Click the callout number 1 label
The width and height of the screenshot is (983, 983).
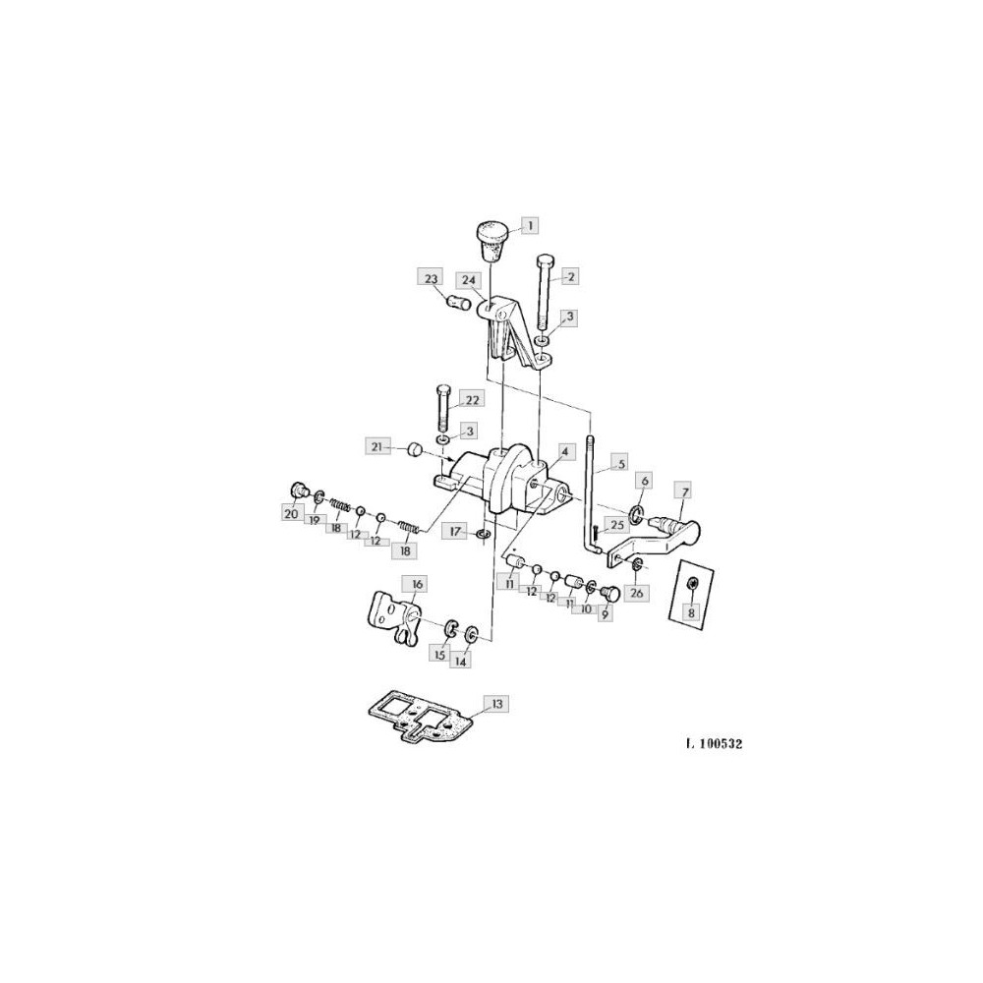530,225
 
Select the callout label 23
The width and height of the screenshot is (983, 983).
431,277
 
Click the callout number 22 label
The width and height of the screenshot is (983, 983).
473,399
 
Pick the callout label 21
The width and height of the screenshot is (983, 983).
376,446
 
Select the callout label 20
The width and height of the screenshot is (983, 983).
291,514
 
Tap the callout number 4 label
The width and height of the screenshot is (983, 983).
564,451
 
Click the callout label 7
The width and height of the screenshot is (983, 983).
683,491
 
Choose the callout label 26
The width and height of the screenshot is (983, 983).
636,593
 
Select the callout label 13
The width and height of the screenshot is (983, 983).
497,704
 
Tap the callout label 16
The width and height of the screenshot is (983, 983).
417,584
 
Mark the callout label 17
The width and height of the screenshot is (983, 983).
454,532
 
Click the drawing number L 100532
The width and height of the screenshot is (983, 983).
714,744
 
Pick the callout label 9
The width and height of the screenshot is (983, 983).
605,614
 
